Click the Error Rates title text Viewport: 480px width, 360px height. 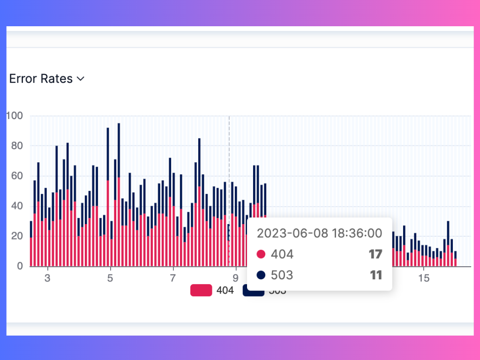(x=41, y=79)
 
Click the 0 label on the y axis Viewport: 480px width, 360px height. (x=20, y=266)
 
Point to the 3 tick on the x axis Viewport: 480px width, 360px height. (x=47, y=277)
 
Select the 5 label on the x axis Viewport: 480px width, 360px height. (x=110, y=277)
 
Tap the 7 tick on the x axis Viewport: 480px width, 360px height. (x=173, y=277)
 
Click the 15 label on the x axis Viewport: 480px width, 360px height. (x=423, y=277)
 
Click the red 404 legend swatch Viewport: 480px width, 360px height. (x=201, y=291)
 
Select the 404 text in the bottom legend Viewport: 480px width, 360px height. (x=225, y=291)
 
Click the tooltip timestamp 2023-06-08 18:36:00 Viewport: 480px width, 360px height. (x=319, y=233)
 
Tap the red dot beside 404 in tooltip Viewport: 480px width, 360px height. (x=261, y=255)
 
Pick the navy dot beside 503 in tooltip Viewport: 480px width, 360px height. (x=261, y=275)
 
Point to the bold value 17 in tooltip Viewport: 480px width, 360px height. (x=375, y=255)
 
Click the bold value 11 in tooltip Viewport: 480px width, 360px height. (x=376, y=275)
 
